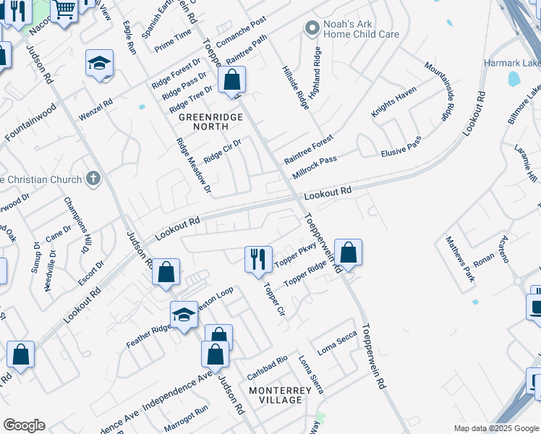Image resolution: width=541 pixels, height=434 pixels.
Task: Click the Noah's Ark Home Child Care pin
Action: tap(312, 28)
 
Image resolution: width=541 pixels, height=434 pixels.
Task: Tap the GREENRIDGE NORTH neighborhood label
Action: tap(203, 121)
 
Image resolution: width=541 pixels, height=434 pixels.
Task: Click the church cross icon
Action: tap(92, 178)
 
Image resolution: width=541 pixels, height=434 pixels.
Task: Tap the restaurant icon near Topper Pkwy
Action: tap(258, 258)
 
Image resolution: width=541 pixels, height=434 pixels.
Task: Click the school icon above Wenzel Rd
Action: tap(99, 64)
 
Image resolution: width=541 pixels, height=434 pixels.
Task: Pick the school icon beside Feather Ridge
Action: tap(184, 315)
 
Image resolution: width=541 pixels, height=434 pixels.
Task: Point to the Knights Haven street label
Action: tap(394, 102)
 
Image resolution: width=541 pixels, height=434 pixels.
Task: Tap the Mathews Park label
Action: tap(459, 258)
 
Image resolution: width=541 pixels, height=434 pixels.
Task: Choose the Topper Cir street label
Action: tap(275, 299)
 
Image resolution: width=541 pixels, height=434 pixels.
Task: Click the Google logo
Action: tap(24, 425)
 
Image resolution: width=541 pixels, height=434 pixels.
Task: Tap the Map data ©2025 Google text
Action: tap(495, 428)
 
